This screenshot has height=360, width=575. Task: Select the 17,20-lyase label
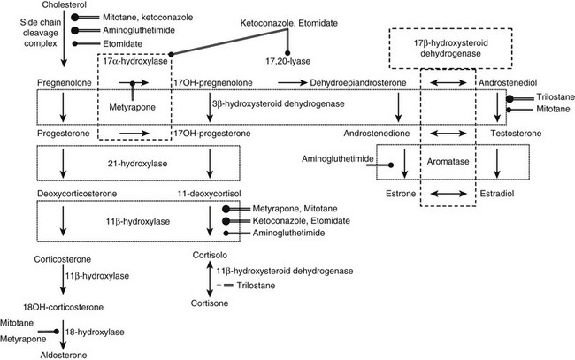coord(288,62)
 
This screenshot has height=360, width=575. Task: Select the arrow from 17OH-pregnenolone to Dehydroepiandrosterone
coord(292,82)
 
